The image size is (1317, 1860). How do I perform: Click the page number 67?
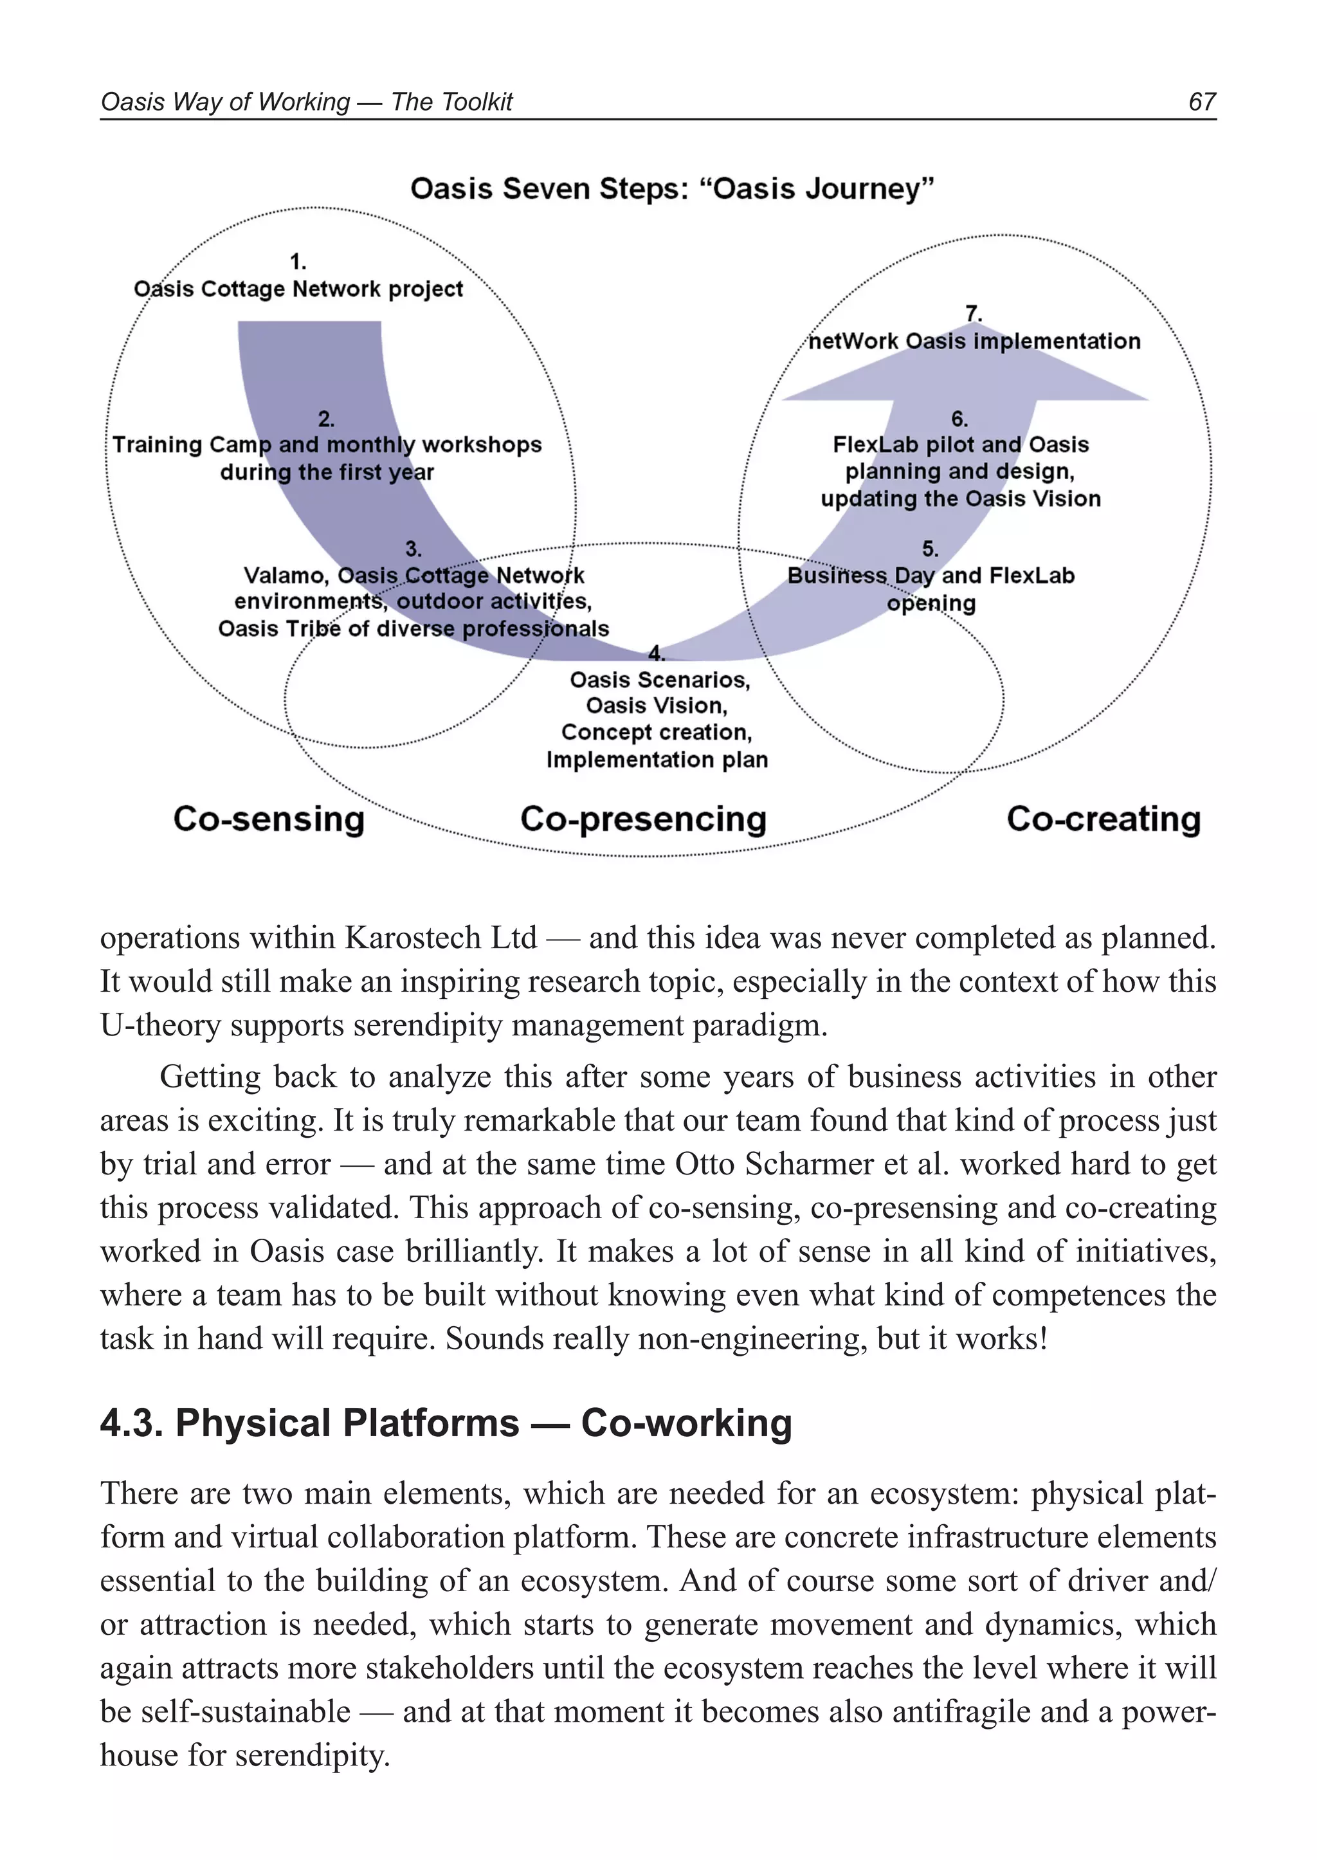(x=1202, y=102)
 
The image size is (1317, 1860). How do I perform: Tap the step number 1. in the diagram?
(x=298, y=262)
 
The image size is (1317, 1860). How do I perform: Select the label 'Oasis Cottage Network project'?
(x=298, y=289)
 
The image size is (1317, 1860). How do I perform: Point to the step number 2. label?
(x=326, y=419)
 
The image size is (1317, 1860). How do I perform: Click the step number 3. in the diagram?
(x=413, y=549)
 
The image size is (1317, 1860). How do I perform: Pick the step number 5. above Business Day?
(x=930, y=549)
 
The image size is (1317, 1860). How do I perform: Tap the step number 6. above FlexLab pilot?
(x=959, y=419)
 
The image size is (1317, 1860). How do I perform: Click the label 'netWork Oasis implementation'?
(x=974, y=342)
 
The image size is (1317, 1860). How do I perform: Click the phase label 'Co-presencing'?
(x=643, y=819)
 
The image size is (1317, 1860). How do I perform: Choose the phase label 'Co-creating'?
(x=1103, y=819)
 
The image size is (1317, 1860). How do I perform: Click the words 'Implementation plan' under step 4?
(x=657, y=760)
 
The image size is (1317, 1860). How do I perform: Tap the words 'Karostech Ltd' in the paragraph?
(x=441, y=938)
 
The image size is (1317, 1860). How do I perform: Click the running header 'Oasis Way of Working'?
(x=224, y=102)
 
